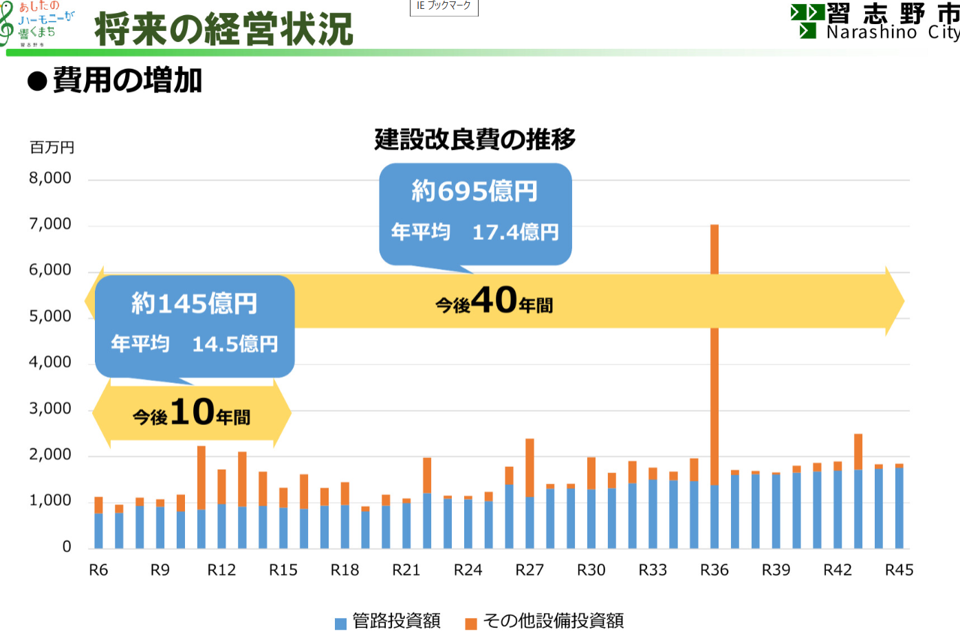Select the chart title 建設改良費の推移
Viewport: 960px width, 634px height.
[474, 140]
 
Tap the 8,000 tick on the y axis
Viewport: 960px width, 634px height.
[50, 178]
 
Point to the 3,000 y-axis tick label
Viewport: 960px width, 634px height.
[50, 408]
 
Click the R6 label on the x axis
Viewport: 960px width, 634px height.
[98, 570]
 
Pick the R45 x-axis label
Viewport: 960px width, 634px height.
[899, 570]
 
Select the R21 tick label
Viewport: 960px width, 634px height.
[406, 570]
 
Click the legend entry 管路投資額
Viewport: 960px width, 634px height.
[396, 621]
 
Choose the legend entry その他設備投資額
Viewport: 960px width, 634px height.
[553, 621]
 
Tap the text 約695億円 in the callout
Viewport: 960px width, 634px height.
[474, 191]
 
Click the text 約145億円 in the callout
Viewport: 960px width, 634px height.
[195, 303]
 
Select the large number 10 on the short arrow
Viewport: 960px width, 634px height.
[192, 412]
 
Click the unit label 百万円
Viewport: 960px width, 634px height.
[52, 147]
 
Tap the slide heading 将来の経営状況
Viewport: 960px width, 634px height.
[223, 30]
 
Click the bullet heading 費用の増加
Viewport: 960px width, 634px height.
[127, 80]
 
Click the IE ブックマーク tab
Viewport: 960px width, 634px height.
[444, 6]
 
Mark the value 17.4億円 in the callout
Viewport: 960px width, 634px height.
[515, 232]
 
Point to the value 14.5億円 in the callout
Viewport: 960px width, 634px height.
[235, 344]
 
